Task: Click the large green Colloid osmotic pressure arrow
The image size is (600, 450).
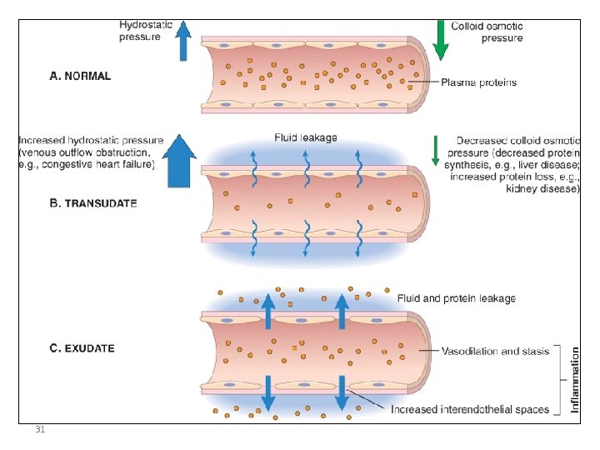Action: [x=441, y=40]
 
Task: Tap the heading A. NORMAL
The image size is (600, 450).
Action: [x=80, y=76]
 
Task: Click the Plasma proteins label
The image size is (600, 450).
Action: [x=478, y=82]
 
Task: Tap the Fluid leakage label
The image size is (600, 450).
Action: [x=306, y=137]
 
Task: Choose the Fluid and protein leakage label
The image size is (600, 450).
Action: [x=456, y=298]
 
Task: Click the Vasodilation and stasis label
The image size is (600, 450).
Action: [x=495, y=351]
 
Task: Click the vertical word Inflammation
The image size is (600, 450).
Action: [x=574, y=380]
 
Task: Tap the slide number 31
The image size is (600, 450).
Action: [x=40, y=430]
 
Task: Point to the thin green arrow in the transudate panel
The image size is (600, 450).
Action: [x=433, y=150]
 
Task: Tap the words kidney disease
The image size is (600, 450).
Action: [x=542, y=189]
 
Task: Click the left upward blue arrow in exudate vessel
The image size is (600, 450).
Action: [x=268, y=312]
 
